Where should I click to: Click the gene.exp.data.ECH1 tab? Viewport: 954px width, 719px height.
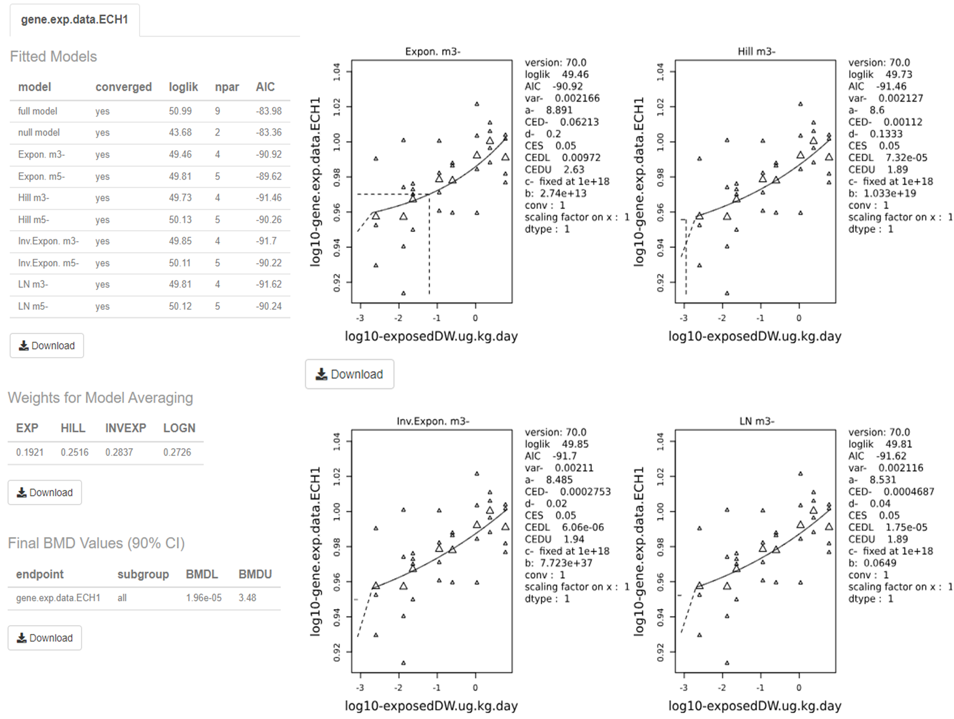(74, 19)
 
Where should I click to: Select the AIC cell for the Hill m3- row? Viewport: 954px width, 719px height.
(268, 198)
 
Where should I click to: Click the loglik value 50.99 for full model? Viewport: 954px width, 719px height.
(180, 111)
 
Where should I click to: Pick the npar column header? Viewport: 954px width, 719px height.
(227, 87)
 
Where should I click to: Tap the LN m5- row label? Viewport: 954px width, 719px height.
(33, 306)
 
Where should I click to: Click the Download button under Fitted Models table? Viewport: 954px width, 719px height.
(47, 345)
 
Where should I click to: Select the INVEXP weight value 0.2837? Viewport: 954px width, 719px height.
(119, 452)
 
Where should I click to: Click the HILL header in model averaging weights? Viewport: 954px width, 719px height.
(72, 428)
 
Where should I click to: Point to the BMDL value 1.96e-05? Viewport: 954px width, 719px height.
(203, 597)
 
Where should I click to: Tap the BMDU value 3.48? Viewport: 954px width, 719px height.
(247, 597)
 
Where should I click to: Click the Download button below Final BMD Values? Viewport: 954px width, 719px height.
(45, 638)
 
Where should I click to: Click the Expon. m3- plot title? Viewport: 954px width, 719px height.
(432, 51)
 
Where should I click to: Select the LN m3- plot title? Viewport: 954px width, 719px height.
(756, 421)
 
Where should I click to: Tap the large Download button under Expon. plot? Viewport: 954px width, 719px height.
(350, 374)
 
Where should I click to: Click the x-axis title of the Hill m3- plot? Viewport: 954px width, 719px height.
(755, 336)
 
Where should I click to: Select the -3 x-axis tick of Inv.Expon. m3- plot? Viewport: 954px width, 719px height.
(359, 687)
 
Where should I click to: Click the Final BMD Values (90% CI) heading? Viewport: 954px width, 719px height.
(96, 543)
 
